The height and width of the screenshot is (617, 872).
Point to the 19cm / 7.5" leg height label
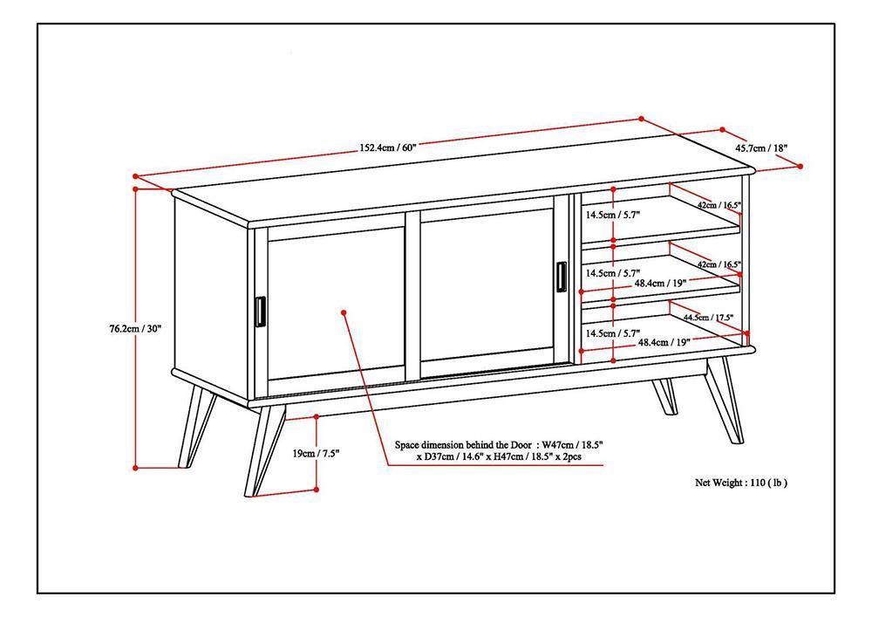pyautogui.click(x=315, y=453)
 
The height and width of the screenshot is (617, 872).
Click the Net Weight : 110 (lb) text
pyautogui.click(x=746, y=482)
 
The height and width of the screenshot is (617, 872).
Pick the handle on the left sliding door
pyautogui.click(x=260, y=311)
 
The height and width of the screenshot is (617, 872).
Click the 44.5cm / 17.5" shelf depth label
pyautogui.click(x=708, y=318)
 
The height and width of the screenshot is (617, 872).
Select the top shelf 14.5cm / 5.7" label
pyautogui.click(x=613, y=215)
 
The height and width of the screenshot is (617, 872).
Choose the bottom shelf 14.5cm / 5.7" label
pyautogui.click(x=613, y=333)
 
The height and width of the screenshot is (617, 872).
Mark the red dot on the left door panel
pyautogui.click(x=344, y=312)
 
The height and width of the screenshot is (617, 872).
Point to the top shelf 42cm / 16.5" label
pyautogui.click(x=719, y=205)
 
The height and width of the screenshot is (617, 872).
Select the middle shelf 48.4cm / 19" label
pyautogui.click(x=660, y=283)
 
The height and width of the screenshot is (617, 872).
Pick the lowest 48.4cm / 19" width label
pyautogui.click(x=664, y=343)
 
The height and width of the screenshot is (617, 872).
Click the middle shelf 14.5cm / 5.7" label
pyautogui.click(x=613, y=272)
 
